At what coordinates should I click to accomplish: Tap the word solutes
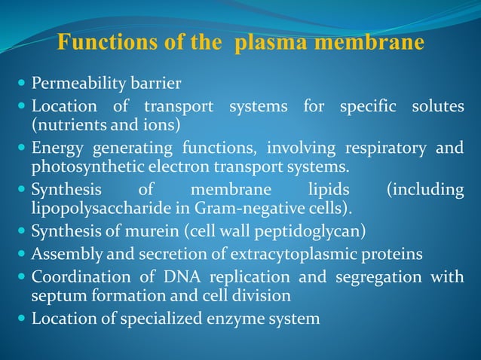pyautogui.click(x=437, y=106)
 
